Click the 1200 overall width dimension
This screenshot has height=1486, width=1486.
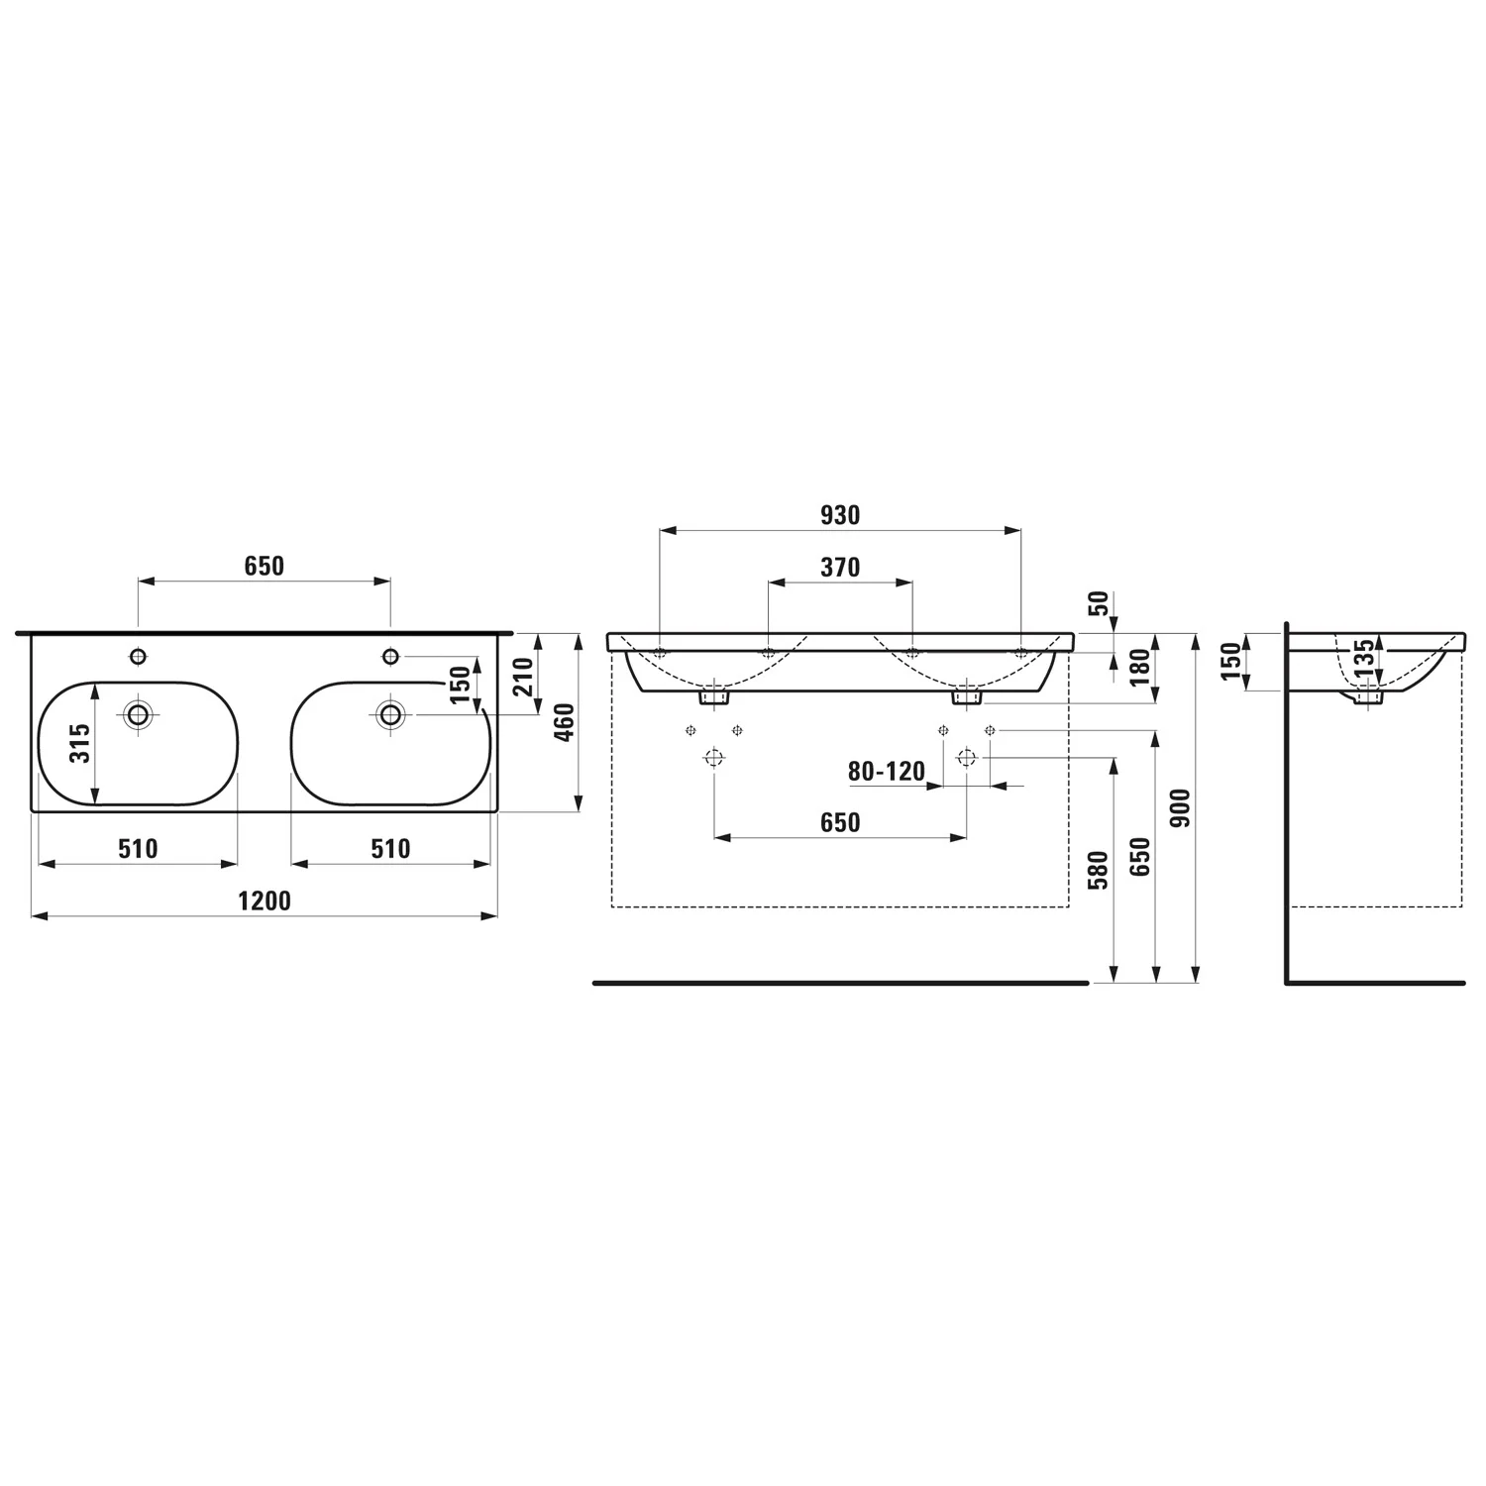coord(265,901)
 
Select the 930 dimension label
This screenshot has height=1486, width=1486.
coord(840,515)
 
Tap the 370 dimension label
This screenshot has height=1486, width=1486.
coord(840,568)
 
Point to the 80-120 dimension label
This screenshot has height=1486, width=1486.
coord(887,771)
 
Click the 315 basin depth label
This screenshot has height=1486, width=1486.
coord(80,743)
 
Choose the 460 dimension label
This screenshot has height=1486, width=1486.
coord(565,722)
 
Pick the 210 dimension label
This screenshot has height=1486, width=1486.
coord(524,677)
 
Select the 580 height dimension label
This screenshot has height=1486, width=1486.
coord(1099,869)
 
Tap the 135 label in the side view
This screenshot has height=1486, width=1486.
coord(1364,659)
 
